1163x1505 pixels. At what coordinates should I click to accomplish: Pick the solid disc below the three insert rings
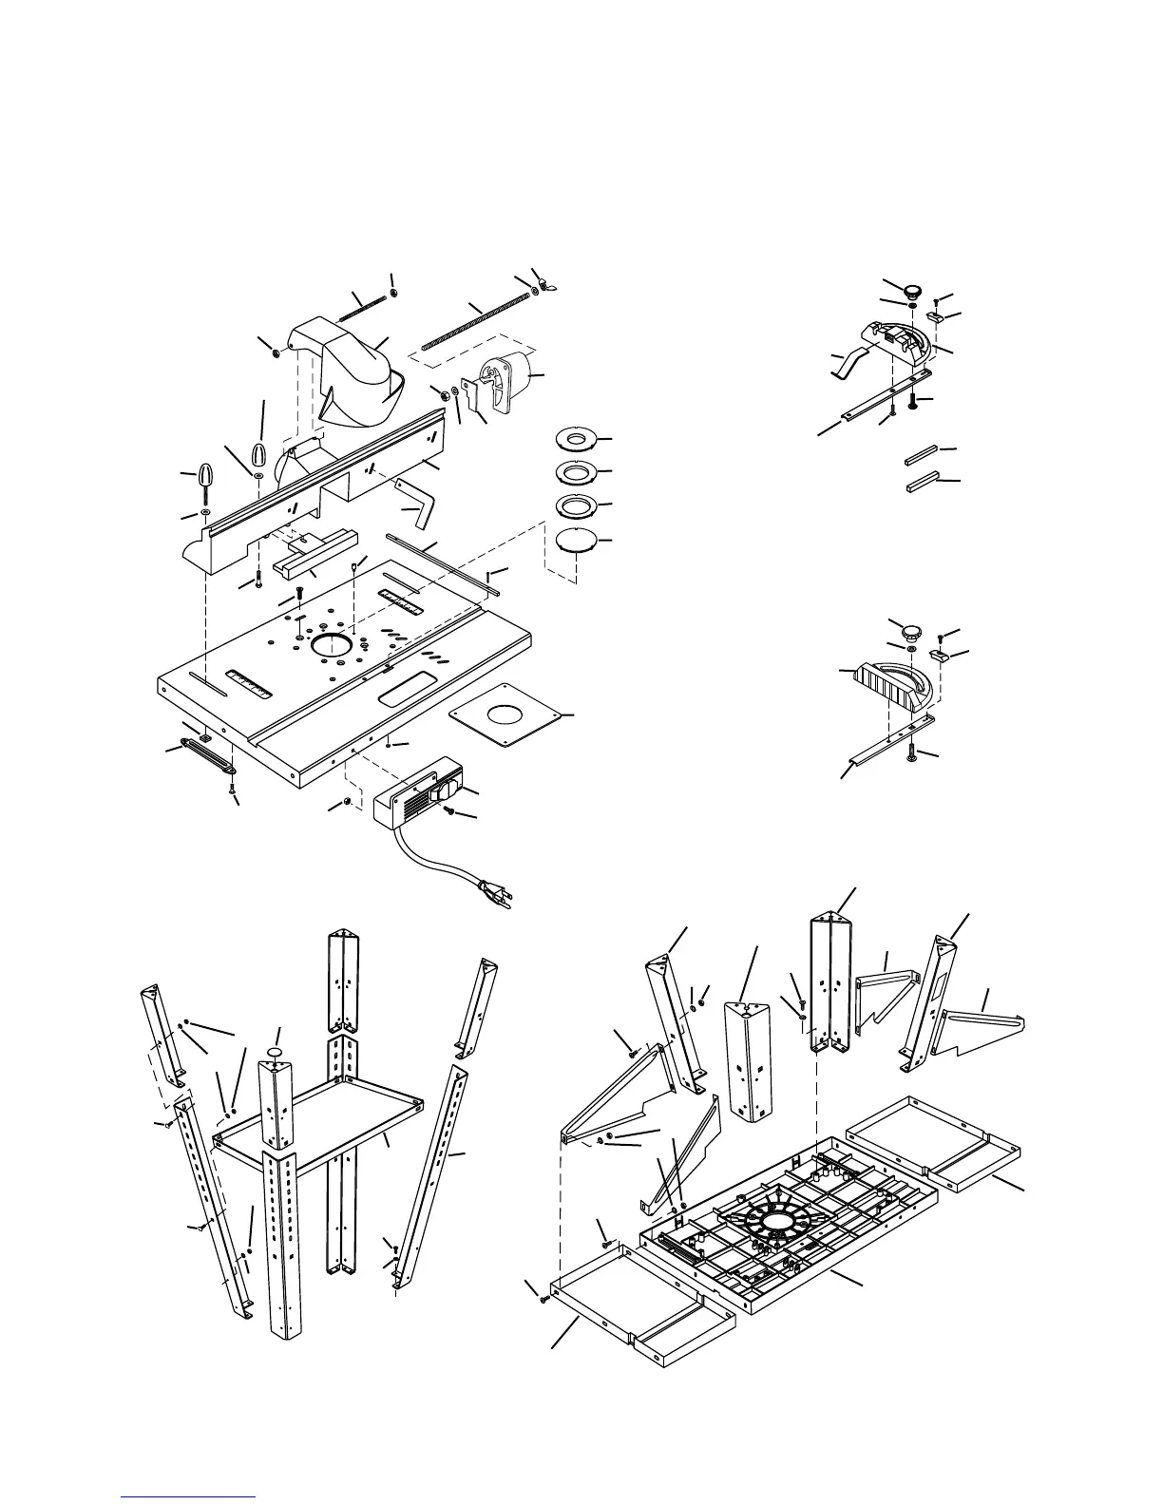point(576,540)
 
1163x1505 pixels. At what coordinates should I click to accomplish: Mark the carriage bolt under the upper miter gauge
point(914,401)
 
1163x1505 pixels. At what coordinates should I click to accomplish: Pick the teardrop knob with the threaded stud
point(207,479)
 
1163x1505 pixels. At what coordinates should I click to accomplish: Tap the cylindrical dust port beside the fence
point(509,378)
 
